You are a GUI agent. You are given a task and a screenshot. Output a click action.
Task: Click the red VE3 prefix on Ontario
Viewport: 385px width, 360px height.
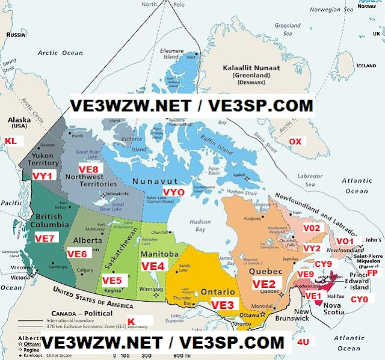(222, 305)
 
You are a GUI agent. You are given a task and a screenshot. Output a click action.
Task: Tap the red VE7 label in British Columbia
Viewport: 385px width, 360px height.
(45, 239)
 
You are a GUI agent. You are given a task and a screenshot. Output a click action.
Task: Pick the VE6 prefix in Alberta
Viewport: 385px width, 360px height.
(77, 254)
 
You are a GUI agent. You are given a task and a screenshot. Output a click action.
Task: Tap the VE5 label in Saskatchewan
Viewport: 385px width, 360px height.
(111, 280)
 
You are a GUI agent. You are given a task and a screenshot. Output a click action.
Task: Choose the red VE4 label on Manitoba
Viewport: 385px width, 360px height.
(153, 266)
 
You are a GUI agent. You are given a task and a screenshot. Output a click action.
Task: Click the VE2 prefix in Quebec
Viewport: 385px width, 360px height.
(263, 283)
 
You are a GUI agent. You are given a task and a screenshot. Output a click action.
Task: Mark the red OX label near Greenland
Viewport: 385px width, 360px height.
(295, 141)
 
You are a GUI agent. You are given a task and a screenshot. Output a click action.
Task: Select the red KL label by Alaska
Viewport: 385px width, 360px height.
(11, 141)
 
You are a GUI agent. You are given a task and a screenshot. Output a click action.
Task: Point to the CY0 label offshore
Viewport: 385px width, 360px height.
(359, 299)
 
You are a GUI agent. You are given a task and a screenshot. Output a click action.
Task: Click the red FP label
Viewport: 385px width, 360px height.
(372, 273)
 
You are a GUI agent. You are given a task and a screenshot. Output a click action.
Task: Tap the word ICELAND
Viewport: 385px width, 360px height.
(366, 66)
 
